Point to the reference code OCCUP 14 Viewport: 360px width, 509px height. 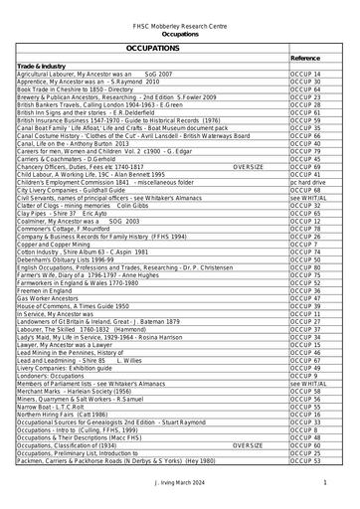coord(303,75)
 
